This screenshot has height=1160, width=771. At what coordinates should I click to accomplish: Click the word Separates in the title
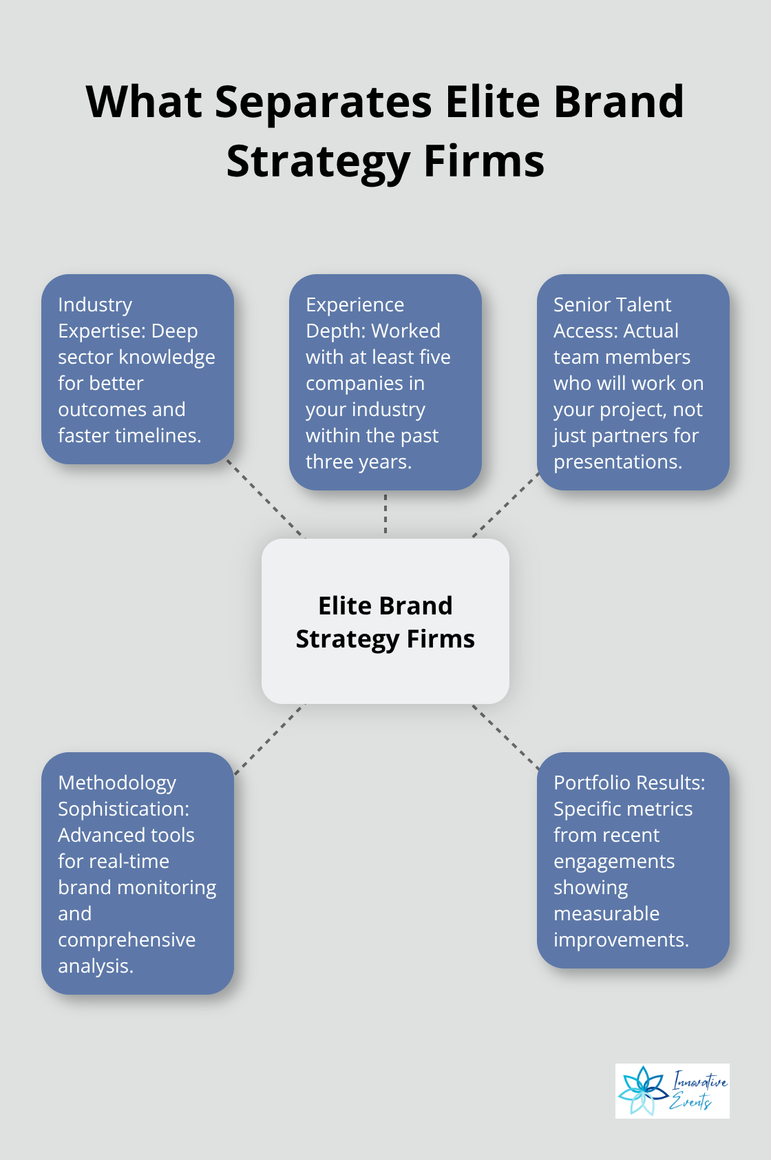[323, 102]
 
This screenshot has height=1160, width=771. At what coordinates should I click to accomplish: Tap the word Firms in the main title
[484, 162]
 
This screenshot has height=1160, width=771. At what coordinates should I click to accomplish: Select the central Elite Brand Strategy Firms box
[385, 621]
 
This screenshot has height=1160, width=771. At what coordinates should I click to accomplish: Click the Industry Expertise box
[138, 369]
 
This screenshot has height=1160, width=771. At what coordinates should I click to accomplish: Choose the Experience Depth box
[385, 382]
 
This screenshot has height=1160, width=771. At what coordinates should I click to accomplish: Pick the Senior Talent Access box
[633, 382]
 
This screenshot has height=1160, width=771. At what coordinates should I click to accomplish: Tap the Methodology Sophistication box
[138, 873]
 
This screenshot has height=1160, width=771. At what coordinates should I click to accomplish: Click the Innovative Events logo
[672, 1090]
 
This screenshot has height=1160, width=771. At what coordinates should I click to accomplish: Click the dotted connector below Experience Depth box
[385, 514]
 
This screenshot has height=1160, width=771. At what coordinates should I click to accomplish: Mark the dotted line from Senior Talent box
[505, 506]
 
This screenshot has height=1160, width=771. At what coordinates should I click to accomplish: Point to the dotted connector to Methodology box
[268, 739]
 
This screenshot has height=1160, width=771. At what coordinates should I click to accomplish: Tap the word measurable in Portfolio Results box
[606, 913]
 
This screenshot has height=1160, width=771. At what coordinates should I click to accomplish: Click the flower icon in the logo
[642, 1090]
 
